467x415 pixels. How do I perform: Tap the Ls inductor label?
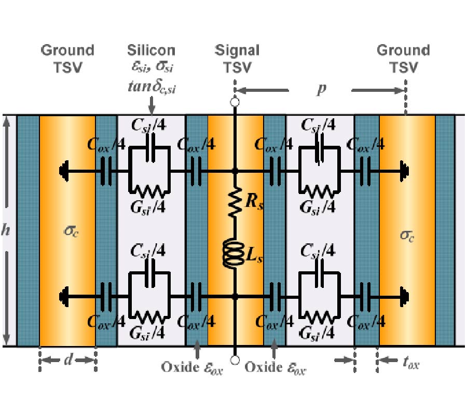(252, 258)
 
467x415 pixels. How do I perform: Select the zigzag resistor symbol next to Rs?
(236, 202)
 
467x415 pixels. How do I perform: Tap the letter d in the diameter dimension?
(67, 359)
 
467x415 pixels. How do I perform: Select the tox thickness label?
(410, 364)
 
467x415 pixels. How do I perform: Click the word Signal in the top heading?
(237, 50)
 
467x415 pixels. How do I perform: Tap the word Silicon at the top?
(151, 50)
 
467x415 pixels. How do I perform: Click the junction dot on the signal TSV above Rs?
(235, 170)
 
